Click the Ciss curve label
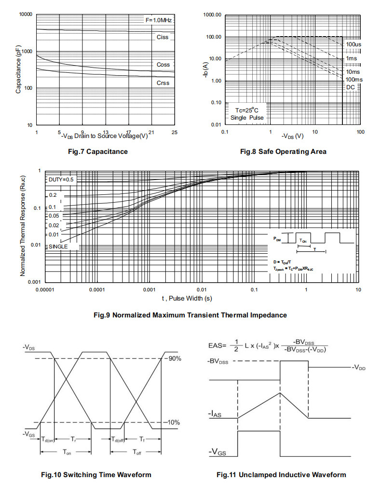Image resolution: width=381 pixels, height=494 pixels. click(x=163, y=37)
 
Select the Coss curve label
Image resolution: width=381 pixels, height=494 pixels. click(x=163, y=65)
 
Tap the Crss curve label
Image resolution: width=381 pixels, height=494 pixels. click(x=163, y=83)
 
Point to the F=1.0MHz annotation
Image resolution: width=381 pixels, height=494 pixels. click(x=159, y=20)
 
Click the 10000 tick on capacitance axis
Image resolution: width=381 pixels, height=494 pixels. click(x=26, y=14)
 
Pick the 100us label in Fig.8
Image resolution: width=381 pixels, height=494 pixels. click(x=354, y=44)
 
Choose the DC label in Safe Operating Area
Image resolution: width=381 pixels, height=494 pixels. click(x=351, y=87)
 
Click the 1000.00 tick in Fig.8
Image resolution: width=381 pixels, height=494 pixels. click(x=212, y=15)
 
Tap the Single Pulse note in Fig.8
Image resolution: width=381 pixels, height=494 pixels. click(x=247, y=118)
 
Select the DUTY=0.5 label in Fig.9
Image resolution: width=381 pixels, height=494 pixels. click(x=61, y=179)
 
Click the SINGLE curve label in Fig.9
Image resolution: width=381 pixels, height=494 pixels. click(x=58, y=247)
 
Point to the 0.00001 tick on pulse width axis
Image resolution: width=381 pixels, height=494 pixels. click(x=45, y=290)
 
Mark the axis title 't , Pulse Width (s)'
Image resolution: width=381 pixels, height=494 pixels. click(x=187, y=298)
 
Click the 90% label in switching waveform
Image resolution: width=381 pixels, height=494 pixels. click(x=175, y=358)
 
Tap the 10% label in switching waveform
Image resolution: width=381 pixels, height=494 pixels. click(x=174, y=423)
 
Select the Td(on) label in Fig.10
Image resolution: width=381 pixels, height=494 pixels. click(x=48, y=439)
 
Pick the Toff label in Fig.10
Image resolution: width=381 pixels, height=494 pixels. click(x=137, y=453)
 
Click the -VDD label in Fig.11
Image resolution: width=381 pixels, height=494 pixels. click(x=359, y=368)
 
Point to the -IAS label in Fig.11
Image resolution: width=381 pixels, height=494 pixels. click(x=215, y=414)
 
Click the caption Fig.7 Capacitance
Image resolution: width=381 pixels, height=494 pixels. click(x=98, y=151)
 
